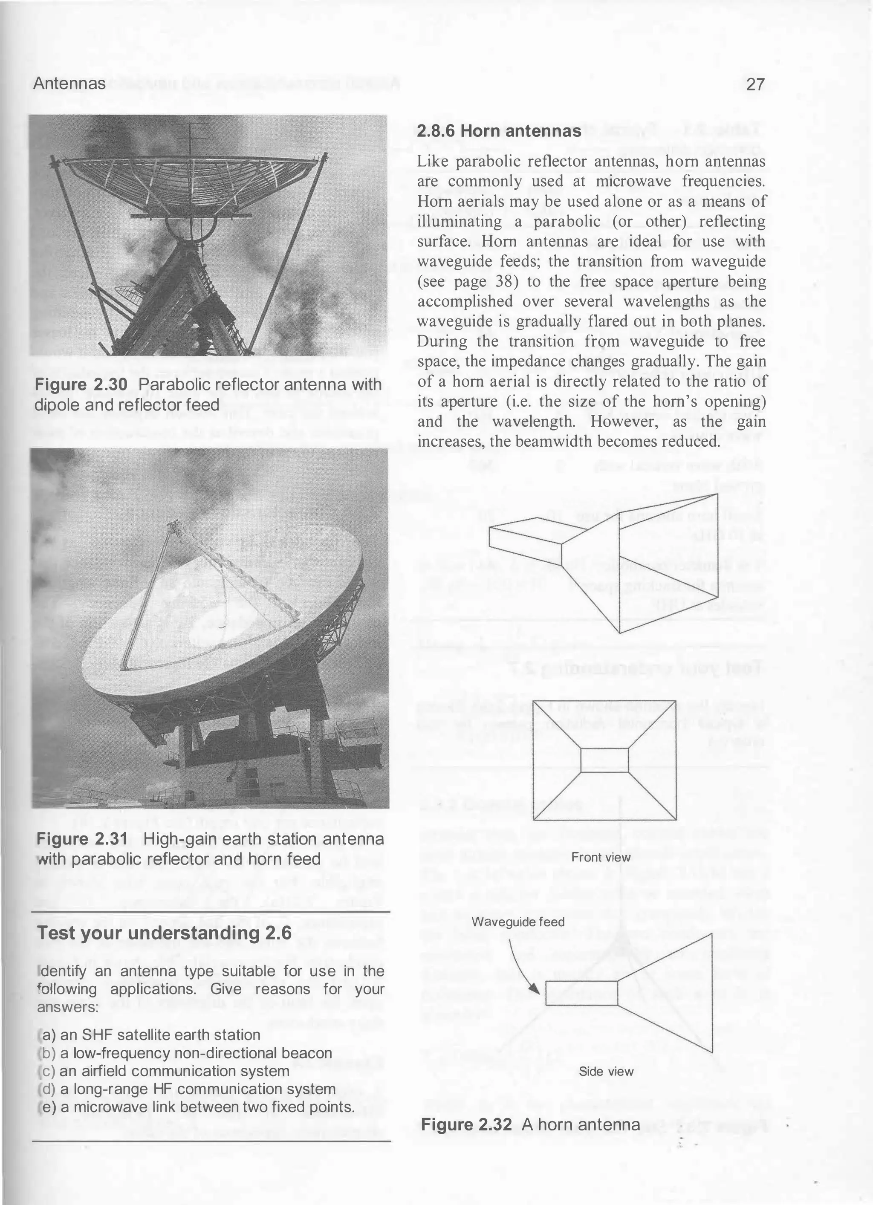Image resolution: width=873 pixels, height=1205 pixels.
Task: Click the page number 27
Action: pyautogui.click(x=755, y=84)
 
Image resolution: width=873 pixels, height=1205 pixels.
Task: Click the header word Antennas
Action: pyautogui.click(x=69, y=84)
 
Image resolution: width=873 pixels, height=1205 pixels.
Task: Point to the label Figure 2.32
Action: pyautogui.click(x=466, y=1125)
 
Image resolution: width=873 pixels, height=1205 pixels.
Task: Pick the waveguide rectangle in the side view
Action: pyautogui.click(x=581, y=994)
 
